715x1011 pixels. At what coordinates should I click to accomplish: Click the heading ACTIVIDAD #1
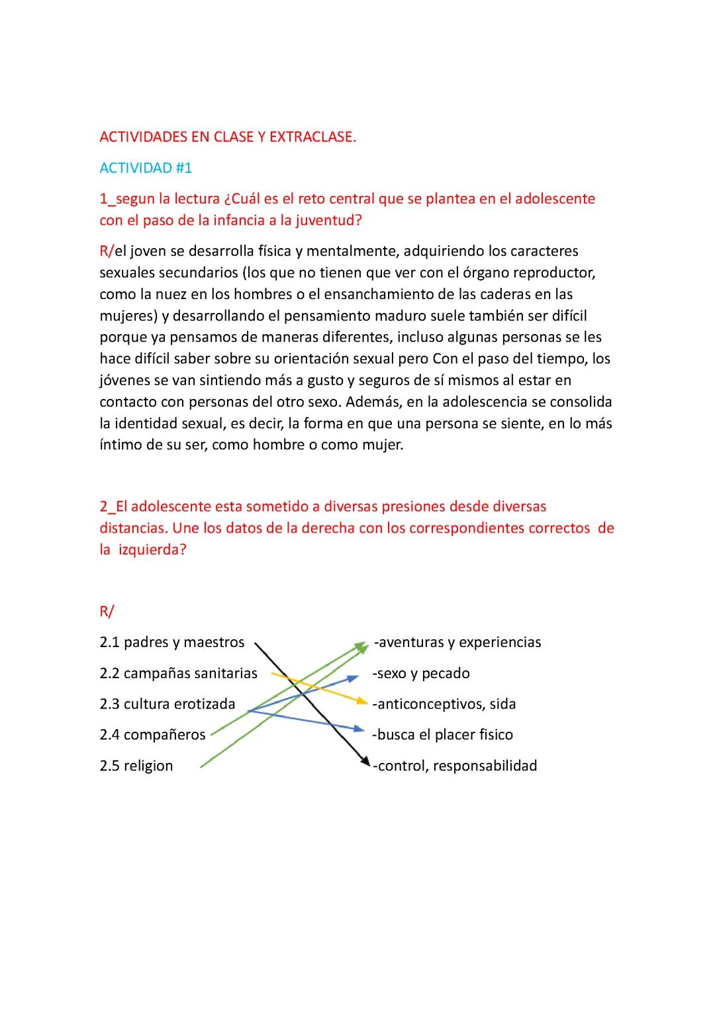tap(146, 168)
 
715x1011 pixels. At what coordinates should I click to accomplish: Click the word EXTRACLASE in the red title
tap(312, 137)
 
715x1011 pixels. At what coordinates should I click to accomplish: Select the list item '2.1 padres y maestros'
tap(172, 642)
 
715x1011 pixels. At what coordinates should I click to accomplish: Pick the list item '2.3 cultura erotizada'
tap(167, 704)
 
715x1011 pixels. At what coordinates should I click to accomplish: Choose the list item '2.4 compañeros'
tap(153, 735)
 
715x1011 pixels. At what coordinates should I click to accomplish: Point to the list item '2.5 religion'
tap(136, 766)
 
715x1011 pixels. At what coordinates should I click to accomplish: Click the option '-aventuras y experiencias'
tap(457, 642)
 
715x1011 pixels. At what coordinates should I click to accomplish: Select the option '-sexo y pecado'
tap(421, 674)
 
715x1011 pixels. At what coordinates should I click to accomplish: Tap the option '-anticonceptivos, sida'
tap(444, 704)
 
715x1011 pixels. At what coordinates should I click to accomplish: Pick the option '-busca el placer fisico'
tap(442, 735)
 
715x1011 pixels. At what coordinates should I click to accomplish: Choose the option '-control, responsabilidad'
tap(455, 766)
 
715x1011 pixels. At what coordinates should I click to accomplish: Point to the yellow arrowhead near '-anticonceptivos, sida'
tap(361, 701)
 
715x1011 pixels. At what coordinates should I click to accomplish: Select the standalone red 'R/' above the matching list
tap(107, 611)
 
